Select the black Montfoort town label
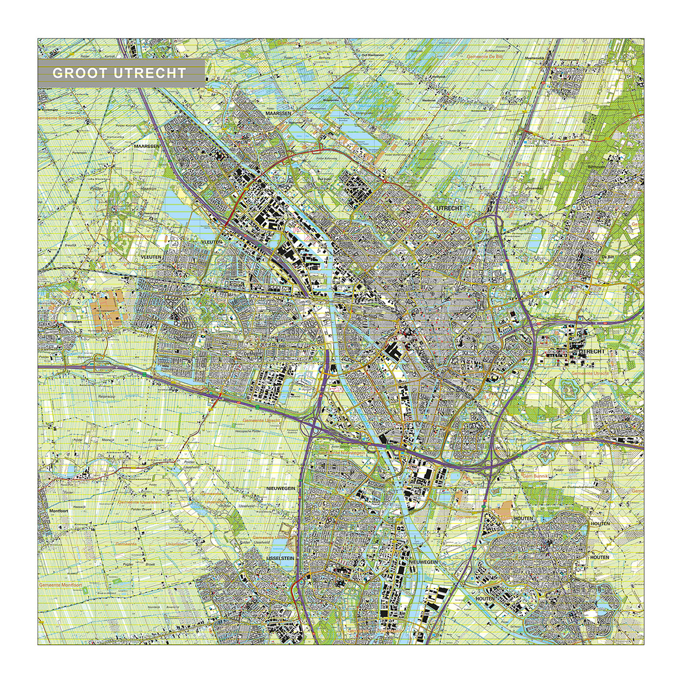click(59, 510)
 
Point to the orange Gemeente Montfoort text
click(58, 585)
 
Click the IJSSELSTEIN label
click(279, 559)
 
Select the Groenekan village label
click(534, 188)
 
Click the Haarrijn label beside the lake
click(148, 189)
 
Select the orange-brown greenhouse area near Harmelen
click(107, 309)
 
